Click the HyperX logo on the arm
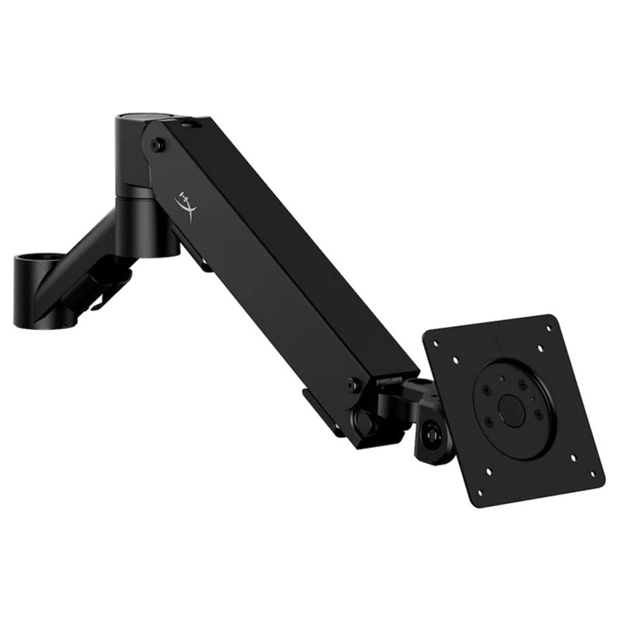(x=186, y=204)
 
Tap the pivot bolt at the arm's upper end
(x=158, y=145)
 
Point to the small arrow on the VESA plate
(x=494, y=339)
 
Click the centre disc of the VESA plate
(x=512, y=410)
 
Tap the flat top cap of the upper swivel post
(x=137, y=120)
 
